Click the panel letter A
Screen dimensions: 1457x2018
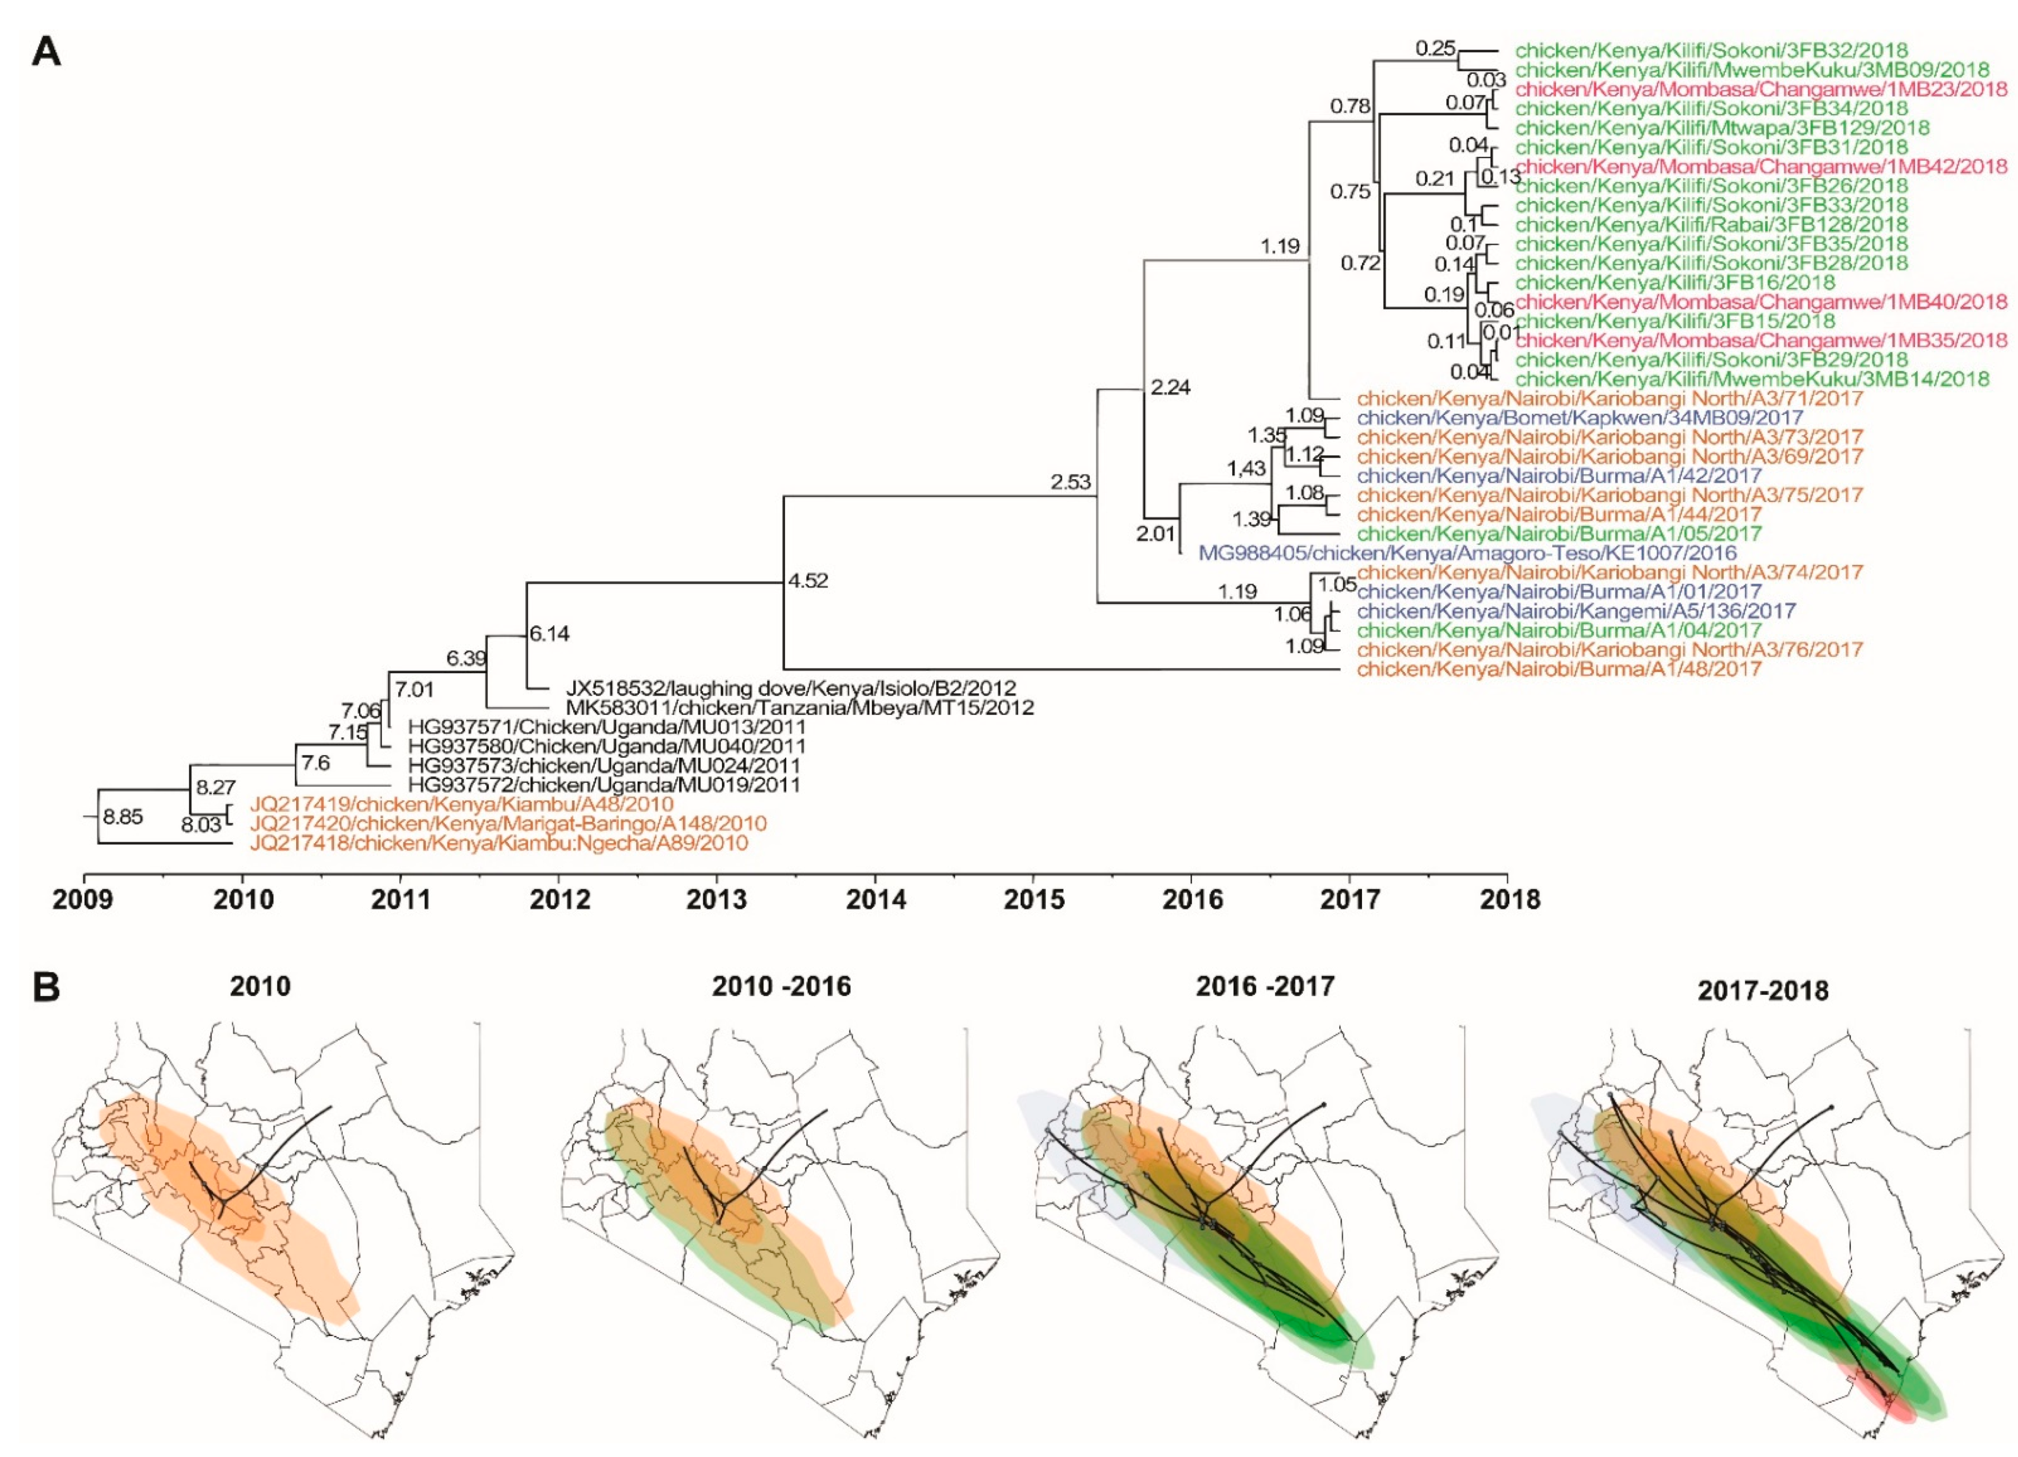coord(46,52)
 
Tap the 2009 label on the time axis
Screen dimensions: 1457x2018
coord(83,899)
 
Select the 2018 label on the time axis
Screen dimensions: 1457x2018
coord(1508,899)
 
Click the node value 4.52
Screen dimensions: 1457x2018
coord(808,581)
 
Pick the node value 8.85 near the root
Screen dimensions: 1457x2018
coord(122,817)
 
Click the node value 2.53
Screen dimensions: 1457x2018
coord(1070,482)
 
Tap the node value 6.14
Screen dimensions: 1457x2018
coord(550,633)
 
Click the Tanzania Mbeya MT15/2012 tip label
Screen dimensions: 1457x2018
coord(799,708)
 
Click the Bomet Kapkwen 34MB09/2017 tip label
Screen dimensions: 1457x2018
coord(1579,417)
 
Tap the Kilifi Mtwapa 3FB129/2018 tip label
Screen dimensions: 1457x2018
coord(1722,128)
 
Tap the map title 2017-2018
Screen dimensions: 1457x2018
coord(1763,990)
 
